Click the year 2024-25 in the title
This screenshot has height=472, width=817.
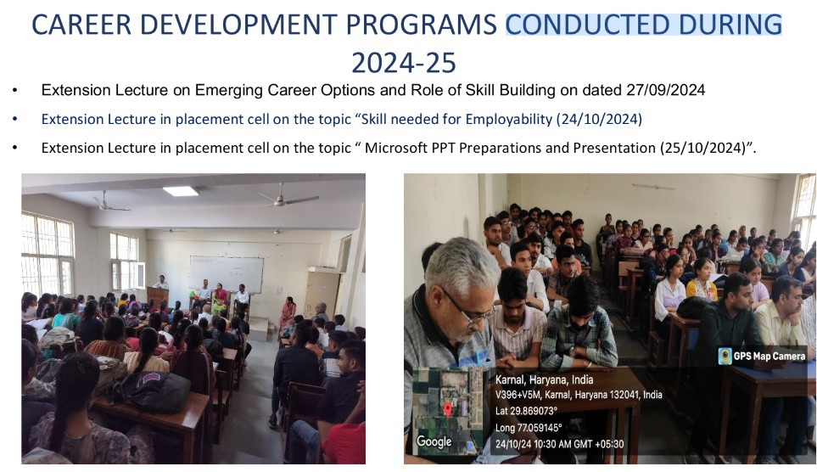tap(404, 63)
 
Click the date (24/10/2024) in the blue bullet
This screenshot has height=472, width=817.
tap(599, 120)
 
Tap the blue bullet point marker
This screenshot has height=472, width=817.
tap(15, 120)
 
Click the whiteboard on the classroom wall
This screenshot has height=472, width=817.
tap(227, 274)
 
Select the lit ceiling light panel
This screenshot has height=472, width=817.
tap(181, 191)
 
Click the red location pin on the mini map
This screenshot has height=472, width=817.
tap(448, 409)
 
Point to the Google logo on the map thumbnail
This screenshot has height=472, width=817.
tap(434, 441)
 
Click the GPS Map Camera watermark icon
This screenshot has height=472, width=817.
tap(725, 357)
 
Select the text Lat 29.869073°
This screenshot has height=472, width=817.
tap(526, 411)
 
